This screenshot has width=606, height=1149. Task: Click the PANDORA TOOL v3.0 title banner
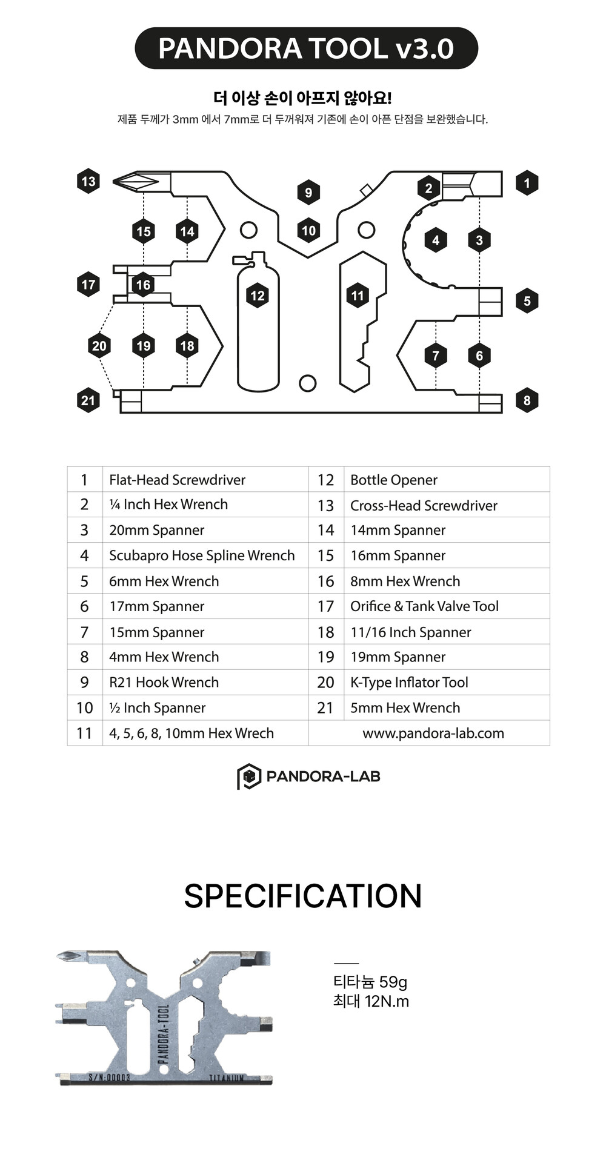[306, 48]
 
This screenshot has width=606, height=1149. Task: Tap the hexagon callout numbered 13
[88, 181]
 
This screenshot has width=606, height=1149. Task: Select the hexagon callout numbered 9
[308, 193]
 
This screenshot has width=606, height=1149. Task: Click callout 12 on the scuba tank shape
[258, 296]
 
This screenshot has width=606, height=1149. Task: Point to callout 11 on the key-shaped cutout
[358, 296]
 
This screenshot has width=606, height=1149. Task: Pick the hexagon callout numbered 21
[88, 400]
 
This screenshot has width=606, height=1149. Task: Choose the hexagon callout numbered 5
[527, 301]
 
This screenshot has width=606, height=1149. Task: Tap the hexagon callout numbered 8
[527, 400]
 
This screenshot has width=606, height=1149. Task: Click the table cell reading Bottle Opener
[394, 480]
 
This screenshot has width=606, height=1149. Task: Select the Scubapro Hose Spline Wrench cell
[202, 555]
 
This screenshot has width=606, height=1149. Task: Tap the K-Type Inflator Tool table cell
[409, 683]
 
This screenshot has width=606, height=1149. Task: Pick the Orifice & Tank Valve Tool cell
[424, 606]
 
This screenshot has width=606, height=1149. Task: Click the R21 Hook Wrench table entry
[164, 683]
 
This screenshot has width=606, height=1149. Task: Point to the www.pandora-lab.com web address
[433, 733]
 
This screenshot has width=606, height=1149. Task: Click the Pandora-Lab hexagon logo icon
[248, 776]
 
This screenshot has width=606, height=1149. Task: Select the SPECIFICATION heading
[303, 896]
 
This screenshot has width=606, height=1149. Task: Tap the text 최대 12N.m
[371, 1001]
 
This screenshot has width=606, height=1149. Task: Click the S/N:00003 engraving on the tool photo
[109, 1078]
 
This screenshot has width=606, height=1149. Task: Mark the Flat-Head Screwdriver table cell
[177, 480]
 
